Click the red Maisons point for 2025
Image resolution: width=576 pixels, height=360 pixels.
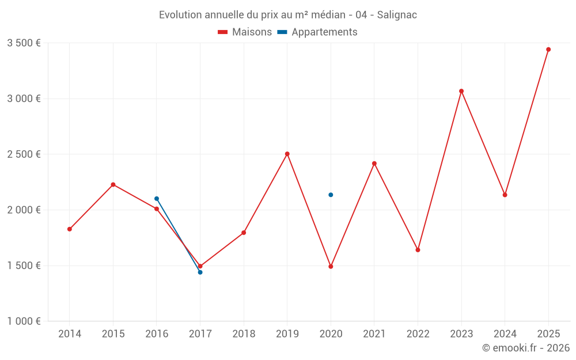(x=548, y=50)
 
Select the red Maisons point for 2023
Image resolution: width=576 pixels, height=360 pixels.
(x=461, y=91)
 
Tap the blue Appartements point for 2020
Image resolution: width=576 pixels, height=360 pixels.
(x=331, y=195)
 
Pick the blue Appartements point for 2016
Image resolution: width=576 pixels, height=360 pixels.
(x=157, y=199)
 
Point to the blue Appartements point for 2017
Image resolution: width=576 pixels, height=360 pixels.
(x=200, y=272)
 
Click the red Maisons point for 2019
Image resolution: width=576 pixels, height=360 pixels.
(x=287, y=154)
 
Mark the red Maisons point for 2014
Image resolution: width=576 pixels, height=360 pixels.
(x=70, y=229)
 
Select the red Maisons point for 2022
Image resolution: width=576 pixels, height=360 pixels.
(x=418, y=250)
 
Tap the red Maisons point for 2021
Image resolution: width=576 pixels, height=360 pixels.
(x=374, y=164)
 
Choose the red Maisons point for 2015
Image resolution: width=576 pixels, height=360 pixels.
(x=113, y=184)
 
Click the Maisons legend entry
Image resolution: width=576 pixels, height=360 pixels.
(x=245, y=32)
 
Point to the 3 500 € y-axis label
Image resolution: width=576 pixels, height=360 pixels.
(x=24, y=43)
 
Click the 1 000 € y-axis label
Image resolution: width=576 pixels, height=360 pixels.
(x=24, y=321)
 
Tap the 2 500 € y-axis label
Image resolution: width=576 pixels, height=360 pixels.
(x=24, y=154)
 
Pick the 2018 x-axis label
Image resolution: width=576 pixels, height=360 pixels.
(x=244, y=334)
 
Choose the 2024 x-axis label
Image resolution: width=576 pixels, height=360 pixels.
(x=505, y=334)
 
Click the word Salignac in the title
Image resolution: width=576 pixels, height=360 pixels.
(x=397, y=15)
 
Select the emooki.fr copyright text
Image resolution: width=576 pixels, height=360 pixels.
(x=526, y=348)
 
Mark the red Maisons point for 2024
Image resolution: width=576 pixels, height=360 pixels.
(x=505, y=195)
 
